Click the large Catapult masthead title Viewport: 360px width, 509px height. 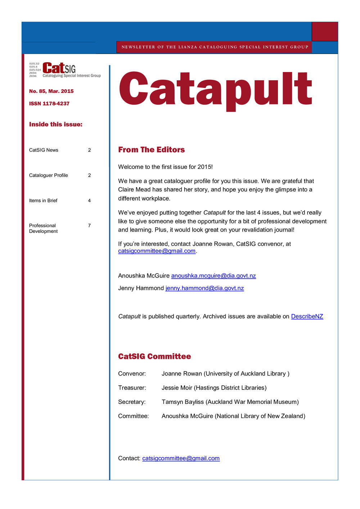point(215,90)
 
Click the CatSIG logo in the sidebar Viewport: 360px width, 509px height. point(65,69)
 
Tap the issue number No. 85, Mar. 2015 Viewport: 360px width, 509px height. point(51,91)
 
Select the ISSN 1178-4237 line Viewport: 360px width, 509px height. point(49,104)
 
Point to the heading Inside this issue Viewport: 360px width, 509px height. point(56,125)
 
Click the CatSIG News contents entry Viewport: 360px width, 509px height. point(44,150)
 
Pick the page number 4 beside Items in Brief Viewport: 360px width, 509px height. point(89,201)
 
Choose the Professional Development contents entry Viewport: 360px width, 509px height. point(43,229)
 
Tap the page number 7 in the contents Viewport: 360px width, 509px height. point(89,226)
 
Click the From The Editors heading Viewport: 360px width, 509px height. point(151,150)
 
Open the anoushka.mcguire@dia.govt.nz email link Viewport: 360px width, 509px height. point(213,276)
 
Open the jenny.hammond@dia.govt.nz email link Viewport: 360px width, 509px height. point(204,288)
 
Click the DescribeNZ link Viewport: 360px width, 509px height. point(307,316)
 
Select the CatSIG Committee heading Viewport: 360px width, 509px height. point(154,356)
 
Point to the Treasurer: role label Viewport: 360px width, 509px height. point(132,388)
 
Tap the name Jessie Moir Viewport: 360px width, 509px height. point(177,388)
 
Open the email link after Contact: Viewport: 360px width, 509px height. point(181,458)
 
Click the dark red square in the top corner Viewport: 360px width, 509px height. point(325,31)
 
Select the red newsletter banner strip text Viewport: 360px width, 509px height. point(215,47)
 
